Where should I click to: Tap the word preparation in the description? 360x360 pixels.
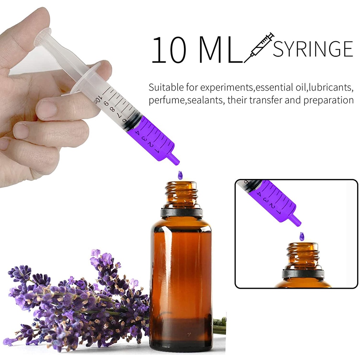328,101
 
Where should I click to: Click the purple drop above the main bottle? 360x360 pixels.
180,175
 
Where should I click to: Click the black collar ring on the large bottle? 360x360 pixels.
181,212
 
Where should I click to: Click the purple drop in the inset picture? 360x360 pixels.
301,236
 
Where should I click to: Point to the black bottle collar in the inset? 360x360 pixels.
303,274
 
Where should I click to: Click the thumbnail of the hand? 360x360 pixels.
47,109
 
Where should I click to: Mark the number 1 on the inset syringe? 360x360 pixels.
278,212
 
